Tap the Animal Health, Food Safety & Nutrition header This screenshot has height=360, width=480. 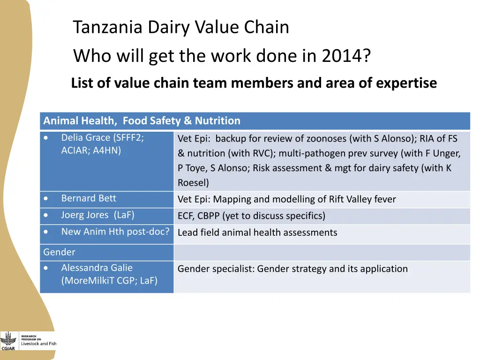(x=142, y=121)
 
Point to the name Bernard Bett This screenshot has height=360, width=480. (x=89, y=198)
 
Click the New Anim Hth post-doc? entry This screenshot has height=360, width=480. (x=115, y=232)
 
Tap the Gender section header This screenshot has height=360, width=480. (x=59, y=252)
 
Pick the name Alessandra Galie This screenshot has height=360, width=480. (x=97, y=268)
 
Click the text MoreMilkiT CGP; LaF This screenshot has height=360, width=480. (x=109, y=281)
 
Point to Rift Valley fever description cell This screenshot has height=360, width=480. (x=286, y=200)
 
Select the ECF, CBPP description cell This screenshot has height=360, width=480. (x=251, y=216)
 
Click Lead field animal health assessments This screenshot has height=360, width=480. (x=257, y=232)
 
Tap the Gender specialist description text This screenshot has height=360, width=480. (x=292, y=269)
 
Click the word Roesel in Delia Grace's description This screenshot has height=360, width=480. (x=193, y=183)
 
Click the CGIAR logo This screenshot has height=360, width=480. (x=8, y=341)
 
